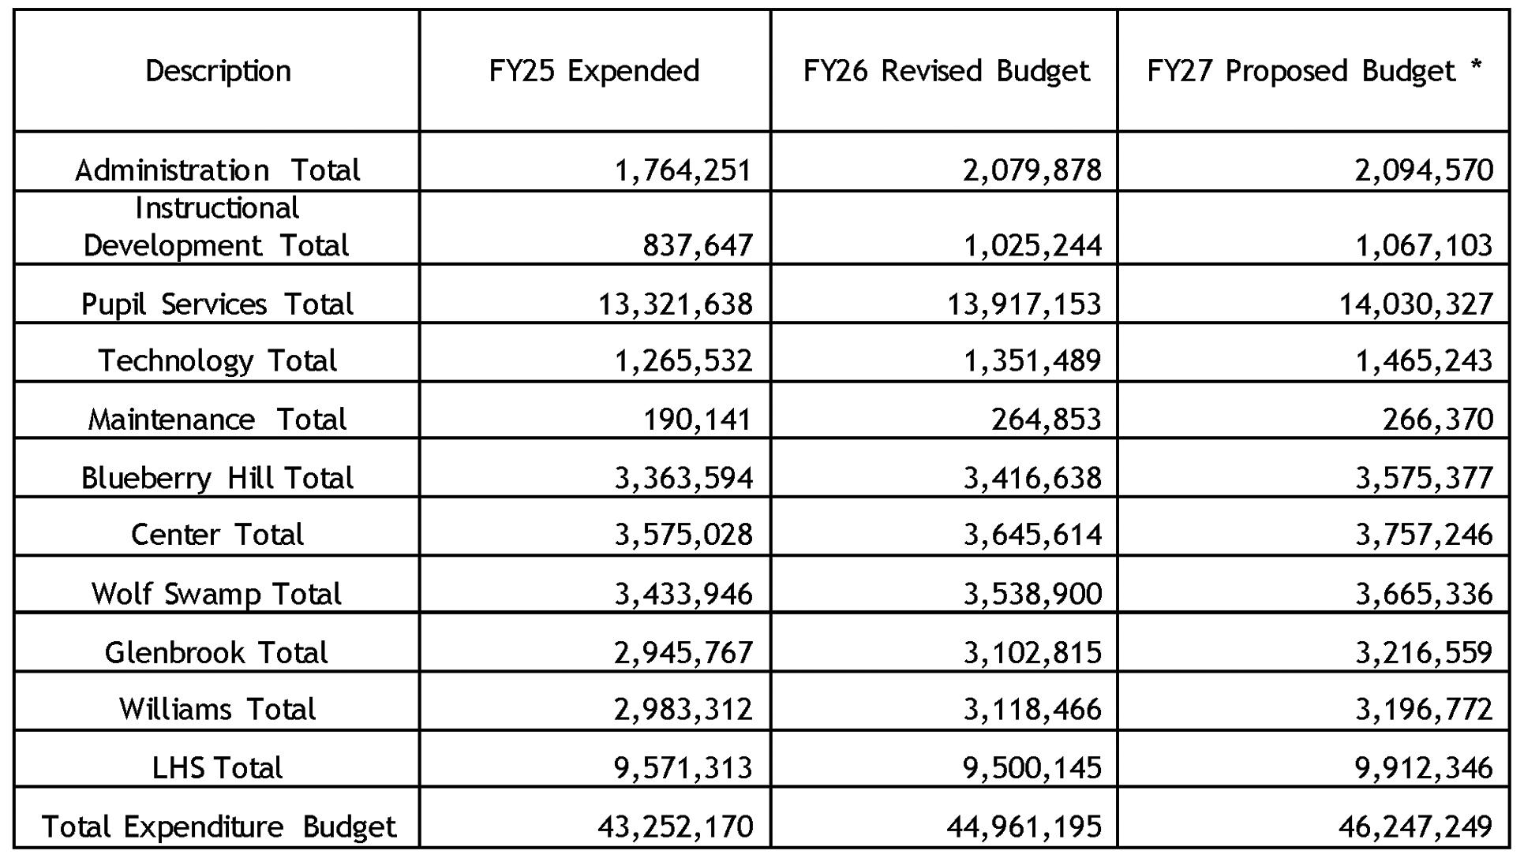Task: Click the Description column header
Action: coord(218,71)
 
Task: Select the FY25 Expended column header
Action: coord(593,71)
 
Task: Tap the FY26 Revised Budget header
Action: coord(945,71)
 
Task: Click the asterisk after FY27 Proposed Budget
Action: coord(1476,66)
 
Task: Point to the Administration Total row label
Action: coord(217,170)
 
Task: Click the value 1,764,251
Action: coord(683,170)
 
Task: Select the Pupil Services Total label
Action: coord(217,304)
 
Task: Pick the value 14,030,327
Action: coord(1416,304)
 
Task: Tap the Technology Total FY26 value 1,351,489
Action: coord(1032,361)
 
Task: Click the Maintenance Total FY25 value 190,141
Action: coord(697,420)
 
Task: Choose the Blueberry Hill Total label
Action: coord(217,478)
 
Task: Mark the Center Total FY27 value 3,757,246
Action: coord(1424,535)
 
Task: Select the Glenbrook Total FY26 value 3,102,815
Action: coord(1032,653)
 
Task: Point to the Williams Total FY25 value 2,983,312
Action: coord(683,710)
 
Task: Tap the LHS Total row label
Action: coord(217,768)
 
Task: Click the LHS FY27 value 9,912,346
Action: coord(1424,768)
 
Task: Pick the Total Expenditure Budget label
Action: coord(218,826)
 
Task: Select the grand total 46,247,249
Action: coord(1415,826)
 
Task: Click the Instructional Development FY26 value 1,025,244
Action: coord(1032,246)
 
